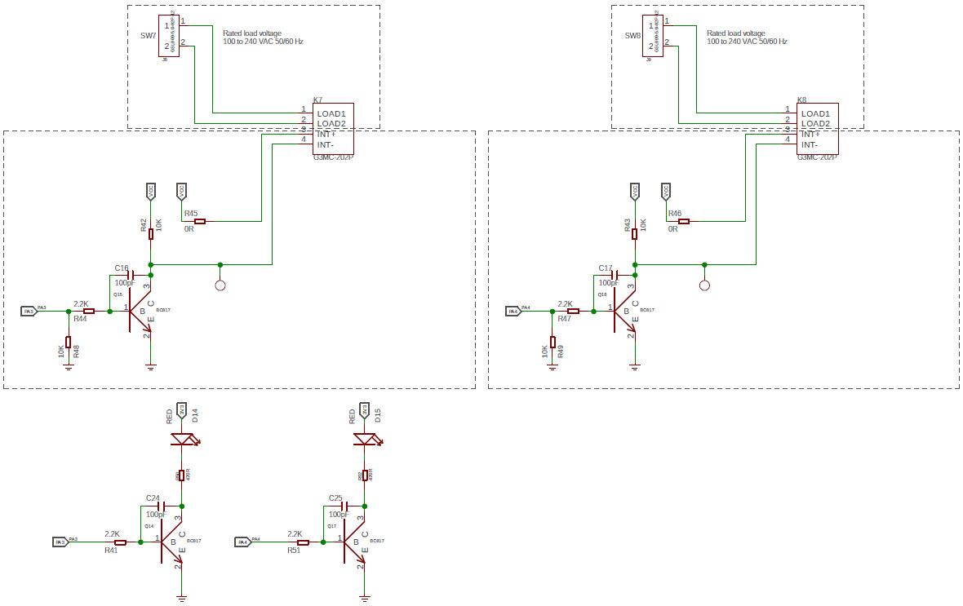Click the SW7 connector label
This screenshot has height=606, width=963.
point(148,36)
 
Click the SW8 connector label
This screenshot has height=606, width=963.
point(632,36)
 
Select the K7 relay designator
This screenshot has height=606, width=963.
point(318,100)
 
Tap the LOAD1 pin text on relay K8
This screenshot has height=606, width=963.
point(815,113)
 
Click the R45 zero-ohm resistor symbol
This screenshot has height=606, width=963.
point(200,221)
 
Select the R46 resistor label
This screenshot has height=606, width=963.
point(674,213)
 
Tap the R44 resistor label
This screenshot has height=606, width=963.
point(80,319)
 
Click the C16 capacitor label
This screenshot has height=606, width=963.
point(122,268)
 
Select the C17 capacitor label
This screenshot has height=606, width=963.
point(605,268)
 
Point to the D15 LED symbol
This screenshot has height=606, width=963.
point(366,440)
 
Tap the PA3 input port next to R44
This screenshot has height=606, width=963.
point(29,311)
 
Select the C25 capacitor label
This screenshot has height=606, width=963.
point(335,498)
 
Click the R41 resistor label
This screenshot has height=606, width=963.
point(111,551)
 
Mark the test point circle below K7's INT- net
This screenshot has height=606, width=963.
point(220,285)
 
